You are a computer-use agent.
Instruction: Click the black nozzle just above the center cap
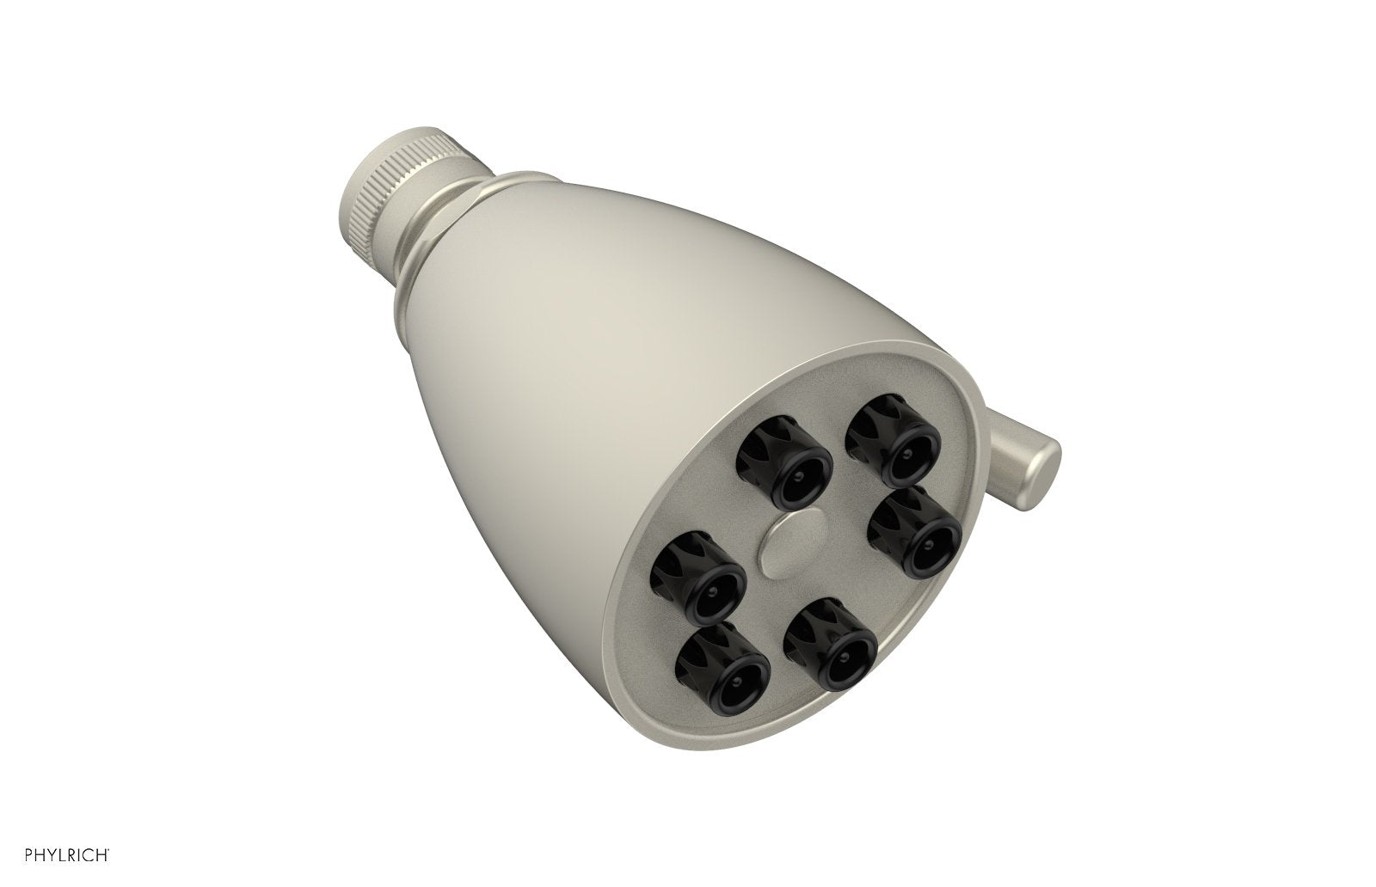[x=783, y=465]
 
